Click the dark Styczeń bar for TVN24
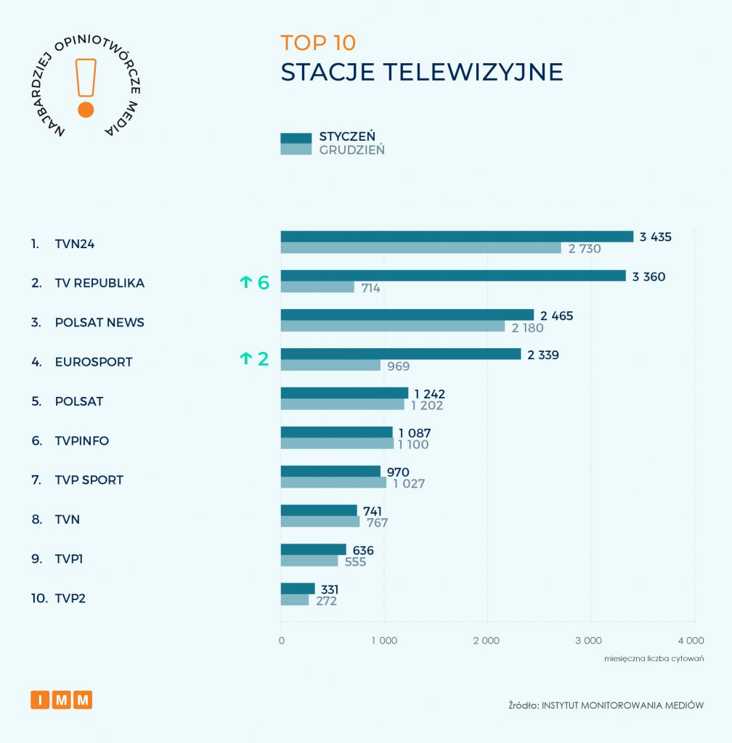pos(457,237)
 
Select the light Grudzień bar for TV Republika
pos(317,287)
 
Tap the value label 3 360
pos(648,276)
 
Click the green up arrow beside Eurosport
pos(245,358)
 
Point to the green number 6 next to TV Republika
pos(263,283)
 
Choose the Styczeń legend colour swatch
pos(296,138)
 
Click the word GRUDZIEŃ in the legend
pos(352,150)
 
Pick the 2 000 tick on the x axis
pos(486,641)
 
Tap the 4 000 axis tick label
pos(691,641)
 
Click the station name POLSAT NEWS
pos(99,322)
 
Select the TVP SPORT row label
pos(89,480)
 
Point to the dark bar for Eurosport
pos(401,354)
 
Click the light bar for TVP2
pos(295,601)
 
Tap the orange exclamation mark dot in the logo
pos(86,110)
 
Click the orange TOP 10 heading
pos(318,43)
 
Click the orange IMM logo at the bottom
pos(62,700)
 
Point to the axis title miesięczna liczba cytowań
pos(654,659)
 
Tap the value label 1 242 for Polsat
pos(429,394)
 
